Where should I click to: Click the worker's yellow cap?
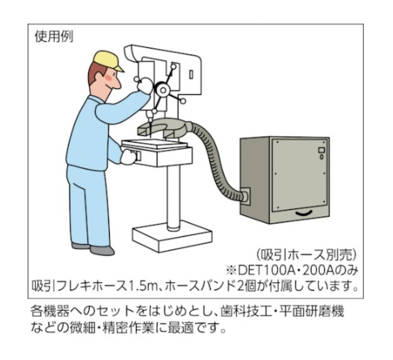click(x=107, y=61)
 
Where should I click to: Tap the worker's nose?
click(x=117, y=84)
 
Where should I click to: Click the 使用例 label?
click(x=54, y=37)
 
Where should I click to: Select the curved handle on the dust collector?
click(x=304, y=213)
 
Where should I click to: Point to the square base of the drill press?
click(x=172, y=236)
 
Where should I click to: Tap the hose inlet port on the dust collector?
click(x=245, y=196)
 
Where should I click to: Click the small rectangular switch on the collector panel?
click(x=321, y=150)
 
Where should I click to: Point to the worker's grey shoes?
click(x=93, y=248)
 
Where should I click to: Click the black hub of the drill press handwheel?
click(x=163, y=90)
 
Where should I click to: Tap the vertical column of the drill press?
click(x=173, y=196)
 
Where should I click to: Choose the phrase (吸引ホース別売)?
click(x=306, y=255)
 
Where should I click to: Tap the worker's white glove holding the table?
click(x=129, y=157)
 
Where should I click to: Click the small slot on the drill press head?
click(x=191, y=75)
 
